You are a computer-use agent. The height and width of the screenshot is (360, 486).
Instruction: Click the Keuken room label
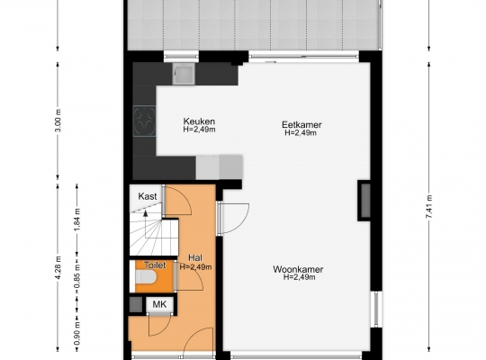point(199,121)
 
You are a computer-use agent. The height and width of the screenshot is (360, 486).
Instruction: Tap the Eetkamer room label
point(301,125)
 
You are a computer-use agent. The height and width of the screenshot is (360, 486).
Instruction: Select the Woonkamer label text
point(298,269)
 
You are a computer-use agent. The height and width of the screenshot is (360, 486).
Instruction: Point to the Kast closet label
point(148,196)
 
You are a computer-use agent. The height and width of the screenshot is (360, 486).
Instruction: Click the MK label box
point(159,304)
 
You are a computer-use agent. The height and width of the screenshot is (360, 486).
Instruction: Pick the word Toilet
point(155,265)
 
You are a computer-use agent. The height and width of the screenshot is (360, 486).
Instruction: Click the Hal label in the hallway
point(195,257)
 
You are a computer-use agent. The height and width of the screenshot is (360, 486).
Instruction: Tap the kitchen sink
point(184,74)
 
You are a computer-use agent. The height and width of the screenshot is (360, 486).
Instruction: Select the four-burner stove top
point(144,121)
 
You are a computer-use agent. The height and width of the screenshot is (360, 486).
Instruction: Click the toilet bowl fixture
point(146,277)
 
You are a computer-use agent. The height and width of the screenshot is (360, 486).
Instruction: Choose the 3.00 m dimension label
point(58,121)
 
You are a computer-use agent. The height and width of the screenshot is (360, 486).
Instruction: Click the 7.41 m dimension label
point(429,207)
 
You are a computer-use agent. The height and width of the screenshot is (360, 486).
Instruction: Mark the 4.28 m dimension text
point(58,267)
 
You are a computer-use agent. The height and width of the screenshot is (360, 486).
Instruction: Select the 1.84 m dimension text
point(77,220)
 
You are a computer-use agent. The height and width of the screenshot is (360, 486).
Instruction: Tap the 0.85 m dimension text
point(77,276)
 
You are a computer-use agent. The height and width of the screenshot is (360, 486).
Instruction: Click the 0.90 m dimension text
point(77,333)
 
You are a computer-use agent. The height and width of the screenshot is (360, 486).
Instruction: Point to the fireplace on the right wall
point(364,201)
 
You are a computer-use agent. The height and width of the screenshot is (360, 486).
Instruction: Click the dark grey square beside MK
point(135,304)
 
